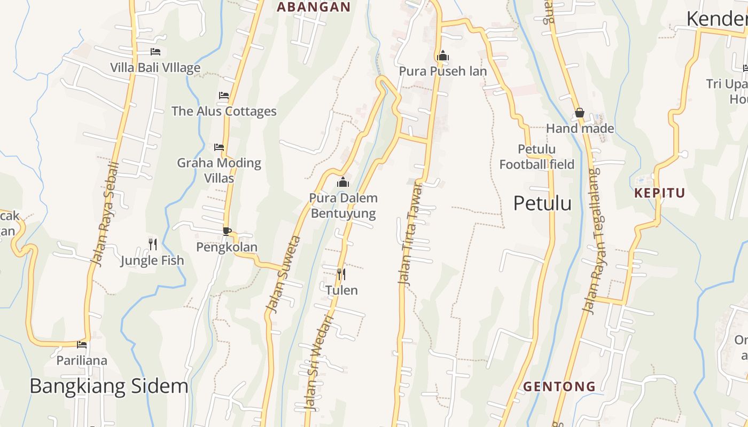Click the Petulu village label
pos(542,203)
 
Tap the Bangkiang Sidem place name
pos(109,386)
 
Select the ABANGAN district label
pos(314,7)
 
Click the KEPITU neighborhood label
pos(659,193)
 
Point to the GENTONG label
pos(559,386)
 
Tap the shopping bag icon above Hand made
pos(579,113)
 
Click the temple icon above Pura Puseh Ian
pos(442,56)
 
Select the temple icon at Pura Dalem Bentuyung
pos(343,183)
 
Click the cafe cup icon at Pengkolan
pos(227,231)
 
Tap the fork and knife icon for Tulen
pos(341,274)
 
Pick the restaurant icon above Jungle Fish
pos(153,244)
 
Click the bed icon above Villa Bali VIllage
pos(155,52)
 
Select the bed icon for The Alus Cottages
pos(224,96)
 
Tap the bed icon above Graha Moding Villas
pos(219,147)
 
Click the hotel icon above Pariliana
pos(82,345)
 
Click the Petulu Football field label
pos(536,157)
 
